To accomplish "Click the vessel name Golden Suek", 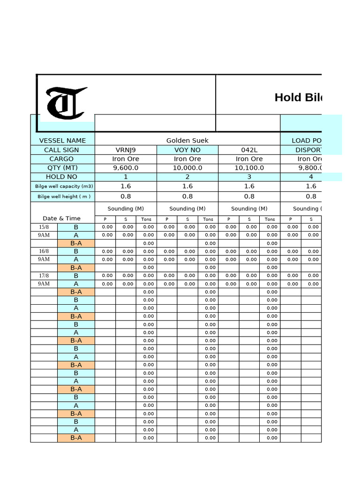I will pos(187,141).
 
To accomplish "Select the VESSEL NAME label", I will pos(62,141).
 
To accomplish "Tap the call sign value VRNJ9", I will pos(125,150).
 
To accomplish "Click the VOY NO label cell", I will pos(187,150).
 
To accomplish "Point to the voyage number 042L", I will pos(249,150).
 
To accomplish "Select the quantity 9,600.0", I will pos(125,168).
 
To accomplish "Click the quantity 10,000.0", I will pos(187,168).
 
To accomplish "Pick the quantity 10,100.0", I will pos(249,168).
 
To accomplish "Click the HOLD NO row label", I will pos(62,177).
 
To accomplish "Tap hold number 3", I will pos(249,177).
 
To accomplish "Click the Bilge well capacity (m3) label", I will pos(62,187).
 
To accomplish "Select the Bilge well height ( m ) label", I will pos(62,197).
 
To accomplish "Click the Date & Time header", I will pos(61,218).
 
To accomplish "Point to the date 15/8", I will pos(44,227).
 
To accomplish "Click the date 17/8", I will pos(44,276).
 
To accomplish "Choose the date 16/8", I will pos(44,251).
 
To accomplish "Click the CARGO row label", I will pos(62,159).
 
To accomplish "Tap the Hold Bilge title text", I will pos(298,97).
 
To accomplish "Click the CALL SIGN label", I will pos(62,150).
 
